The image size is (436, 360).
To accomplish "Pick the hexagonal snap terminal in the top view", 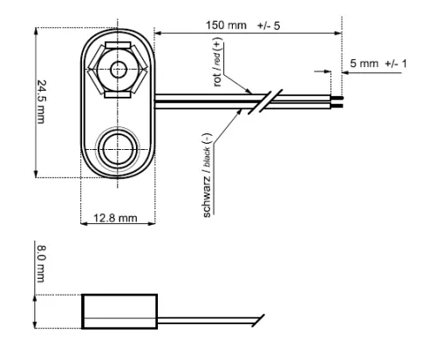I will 119,69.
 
